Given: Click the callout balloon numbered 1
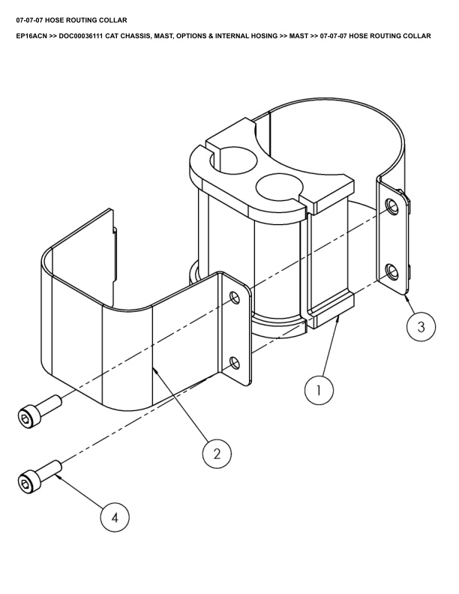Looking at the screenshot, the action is click(x=319, y=390).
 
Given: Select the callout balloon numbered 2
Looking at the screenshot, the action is click(x=217, y=454).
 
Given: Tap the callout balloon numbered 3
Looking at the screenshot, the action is click(x=421, y=326).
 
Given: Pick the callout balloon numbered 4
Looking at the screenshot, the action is click(x=115, y=517).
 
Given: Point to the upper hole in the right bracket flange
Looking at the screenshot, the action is click(x=391, y=205).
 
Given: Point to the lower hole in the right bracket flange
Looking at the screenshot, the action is click(x=391, y=272).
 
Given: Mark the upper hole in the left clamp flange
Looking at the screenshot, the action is click(x=235, y=298).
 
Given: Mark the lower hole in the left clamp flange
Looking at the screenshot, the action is click(x=235, y=363).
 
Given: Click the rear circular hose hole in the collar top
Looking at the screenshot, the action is click(x=233, y=162).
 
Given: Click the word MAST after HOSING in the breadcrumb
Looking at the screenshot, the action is click(x=298, y=36).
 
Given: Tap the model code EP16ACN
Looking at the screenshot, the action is click(x=31, y=36).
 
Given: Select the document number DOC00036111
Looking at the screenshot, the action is click(x=81, y=36).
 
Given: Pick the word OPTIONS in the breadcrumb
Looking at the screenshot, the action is click(x=191, y=36).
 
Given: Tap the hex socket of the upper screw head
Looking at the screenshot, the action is click(x=25, y=418).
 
